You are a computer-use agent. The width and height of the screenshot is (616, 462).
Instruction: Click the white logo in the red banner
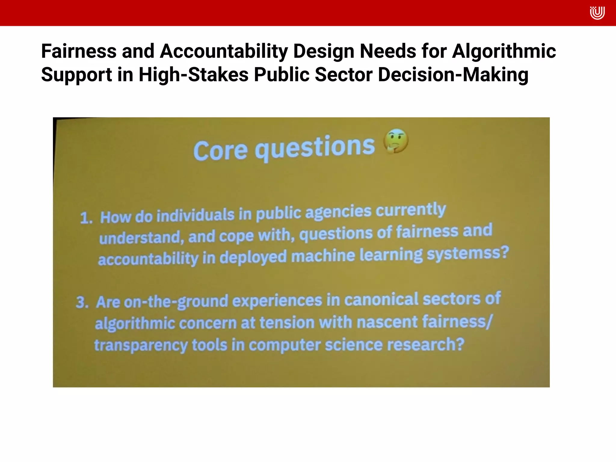pyautogui.click(x=597, y=13)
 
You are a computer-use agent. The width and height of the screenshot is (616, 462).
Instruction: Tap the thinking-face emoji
pyautogui.click(x=396, y=141)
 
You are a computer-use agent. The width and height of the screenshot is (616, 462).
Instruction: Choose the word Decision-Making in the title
pyautogui.click(x=453, y=75)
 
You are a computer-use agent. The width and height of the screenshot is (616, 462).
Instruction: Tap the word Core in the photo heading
pyautogui.click(x=220, y=150)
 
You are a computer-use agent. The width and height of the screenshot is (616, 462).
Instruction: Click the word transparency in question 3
pyautogui.click(x=141, y=345)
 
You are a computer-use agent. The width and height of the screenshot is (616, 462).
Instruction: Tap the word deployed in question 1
pyautogui.click(x=253, y=257)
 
